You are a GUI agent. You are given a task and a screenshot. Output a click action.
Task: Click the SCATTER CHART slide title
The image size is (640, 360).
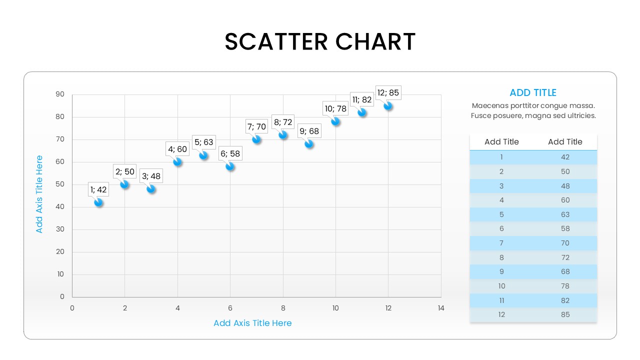[x=320, y=41]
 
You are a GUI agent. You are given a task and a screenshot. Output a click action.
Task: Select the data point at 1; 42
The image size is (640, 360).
[x=98, y=202]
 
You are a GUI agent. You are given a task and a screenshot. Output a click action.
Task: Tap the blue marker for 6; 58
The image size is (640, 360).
[x=230, y=166]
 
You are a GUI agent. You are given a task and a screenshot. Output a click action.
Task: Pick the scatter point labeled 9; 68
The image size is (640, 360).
[x=309, y=144]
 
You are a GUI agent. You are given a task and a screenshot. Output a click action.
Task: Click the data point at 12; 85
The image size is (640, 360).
[x=387, y=106]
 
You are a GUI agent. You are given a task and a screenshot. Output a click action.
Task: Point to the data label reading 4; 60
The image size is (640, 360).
[x=177, y=149]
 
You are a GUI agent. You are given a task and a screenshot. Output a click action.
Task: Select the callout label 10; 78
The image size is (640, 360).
[x=335, y=108]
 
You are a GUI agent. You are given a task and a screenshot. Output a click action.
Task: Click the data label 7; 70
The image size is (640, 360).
[x=256, y=126]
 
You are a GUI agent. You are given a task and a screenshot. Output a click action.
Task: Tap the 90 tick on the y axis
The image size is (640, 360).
[x=60, y=94]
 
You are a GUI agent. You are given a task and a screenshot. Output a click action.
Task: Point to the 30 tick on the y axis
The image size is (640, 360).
[x=60, y=229]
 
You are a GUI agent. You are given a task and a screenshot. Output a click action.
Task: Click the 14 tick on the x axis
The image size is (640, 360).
[x=440, y=308]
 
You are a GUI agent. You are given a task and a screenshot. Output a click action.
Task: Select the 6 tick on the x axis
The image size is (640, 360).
[x=230, y=308]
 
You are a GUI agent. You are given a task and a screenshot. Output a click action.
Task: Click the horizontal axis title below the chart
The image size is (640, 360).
[x=252, y=323]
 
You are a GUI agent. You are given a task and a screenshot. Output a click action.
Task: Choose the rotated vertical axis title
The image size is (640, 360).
[x=39, y=194]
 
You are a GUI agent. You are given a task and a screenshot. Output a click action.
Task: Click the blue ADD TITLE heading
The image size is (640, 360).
[x=533, y=92]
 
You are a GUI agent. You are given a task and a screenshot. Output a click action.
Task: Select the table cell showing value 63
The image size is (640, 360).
[x=565, y=214]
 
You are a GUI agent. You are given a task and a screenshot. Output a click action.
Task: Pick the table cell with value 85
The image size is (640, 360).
[x=565, y=314]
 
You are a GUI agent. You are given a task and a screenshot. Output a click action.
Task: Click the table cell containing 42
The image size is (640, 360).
[x=565, y=157]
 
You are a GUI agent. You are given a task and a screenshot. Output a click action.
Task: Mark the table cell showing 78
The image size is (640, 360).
[x=565, y=286]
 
